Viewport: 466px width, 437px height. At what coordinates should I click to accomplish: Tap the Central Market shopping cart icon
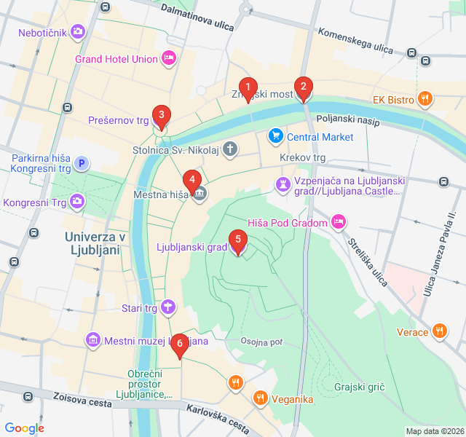coord(275,136)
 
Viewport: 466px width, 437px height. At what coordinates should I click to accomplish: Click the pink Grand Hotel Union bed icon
coord(169,58)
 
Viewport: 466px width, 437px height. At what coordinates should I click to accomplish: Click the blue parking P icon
coord(82,164)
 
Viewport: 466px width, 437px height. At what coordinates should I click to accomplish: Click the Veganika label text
coord(293,398)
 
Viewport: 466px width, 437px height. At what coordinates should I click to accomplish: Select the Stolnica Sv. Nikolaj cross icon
coord(230,151)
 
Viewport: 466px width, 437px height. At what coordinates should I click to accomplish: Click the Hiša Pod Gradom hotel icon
coord(338,221)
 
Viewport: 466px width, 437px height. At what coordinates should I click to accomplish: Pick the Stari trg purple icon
coord(168,307)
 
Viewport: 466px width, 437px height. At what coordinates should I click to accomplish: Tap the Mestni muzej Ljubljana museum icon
coord(92,340)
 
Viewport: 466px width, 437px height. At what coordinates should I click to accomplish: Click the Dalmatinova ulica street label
coord(197,18)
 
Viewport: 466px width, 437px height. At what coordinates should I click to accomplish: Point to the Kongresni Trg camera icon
coord(77,202)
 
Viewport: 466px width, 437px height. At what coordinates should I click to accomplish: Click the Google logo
coord(25,428)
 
